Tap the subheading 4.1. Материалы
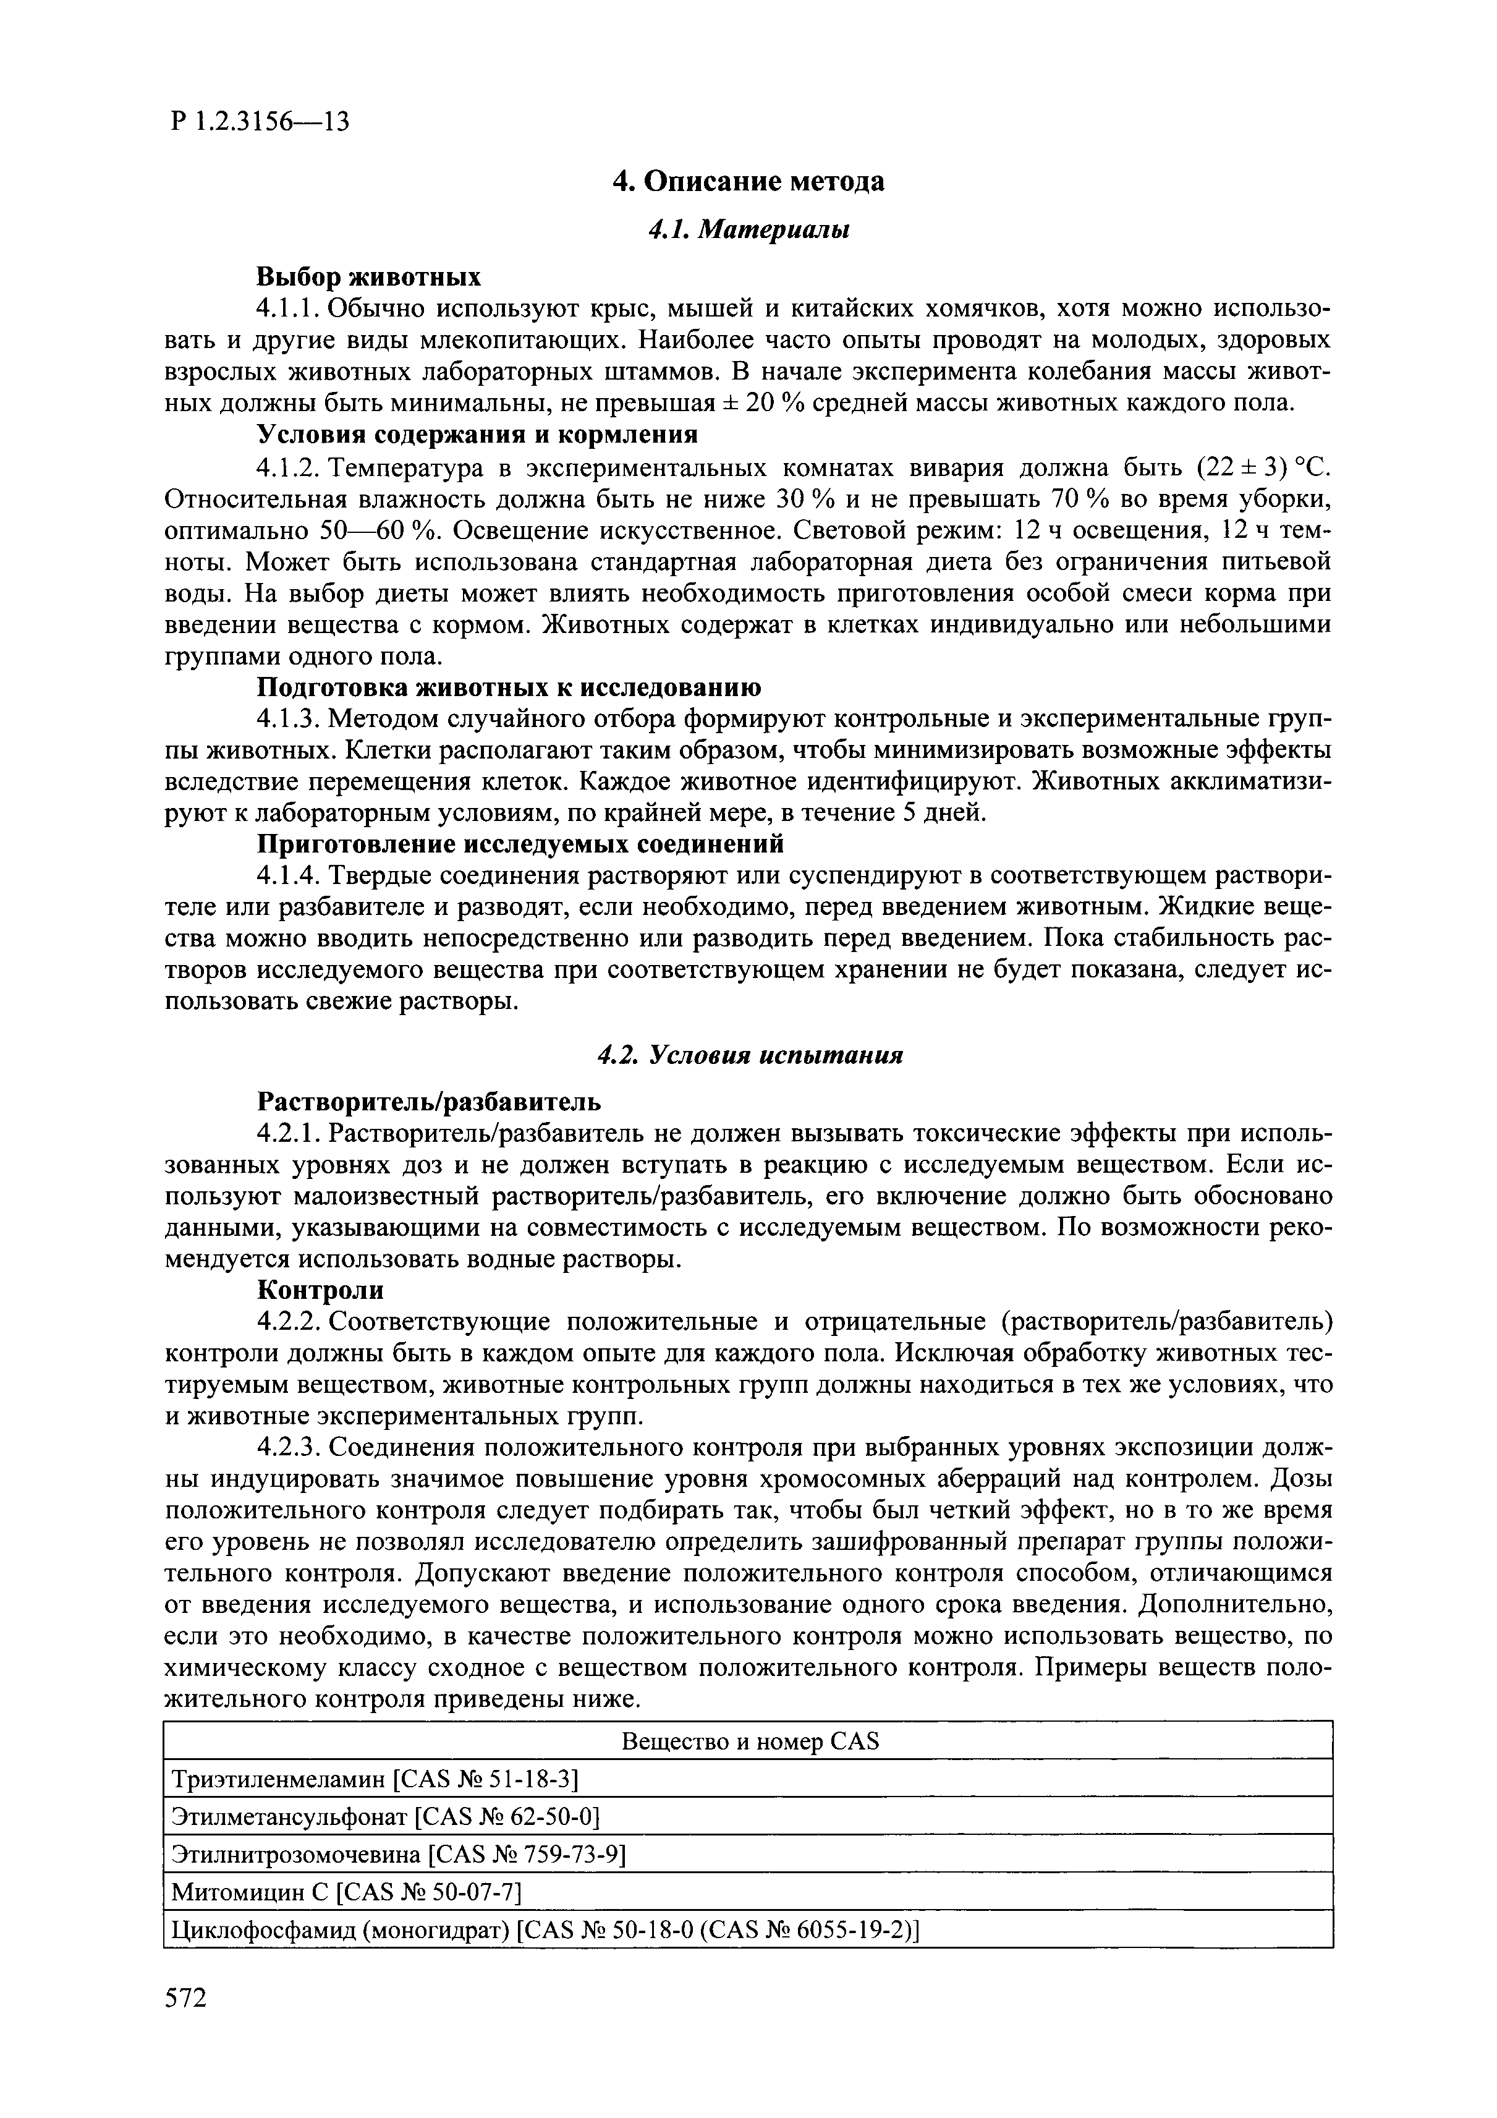coord(748,230)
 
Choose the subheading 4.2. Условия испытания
coord(748,1055)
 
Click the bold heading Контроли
coord(319,1290)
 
